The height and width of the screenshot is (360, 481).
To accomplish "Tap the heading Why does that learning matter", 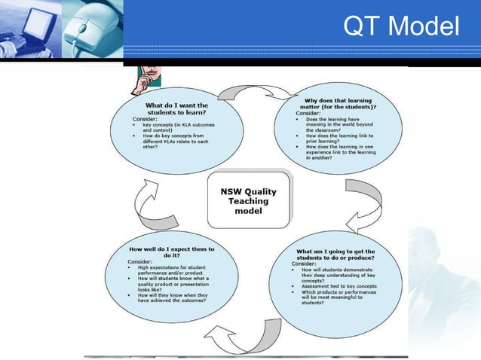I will coord(337,104).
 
